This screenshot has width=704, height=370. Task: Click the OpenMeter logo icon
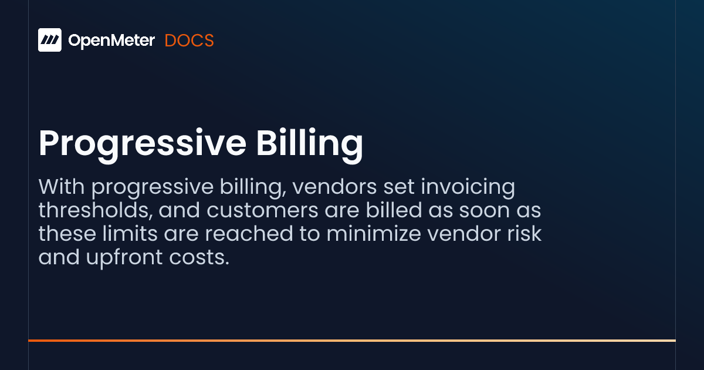(x=50, y=40)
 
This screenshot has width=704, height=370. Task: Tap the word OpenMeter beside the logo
(x=111, y=41)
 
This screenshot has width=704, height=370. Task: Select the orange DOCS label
(x=189, y=41)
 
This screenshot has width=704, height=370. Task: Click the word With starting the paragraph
(x=62, y=187)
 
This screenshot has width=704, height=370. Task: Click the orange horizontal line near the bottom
(x=352, y=340)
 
